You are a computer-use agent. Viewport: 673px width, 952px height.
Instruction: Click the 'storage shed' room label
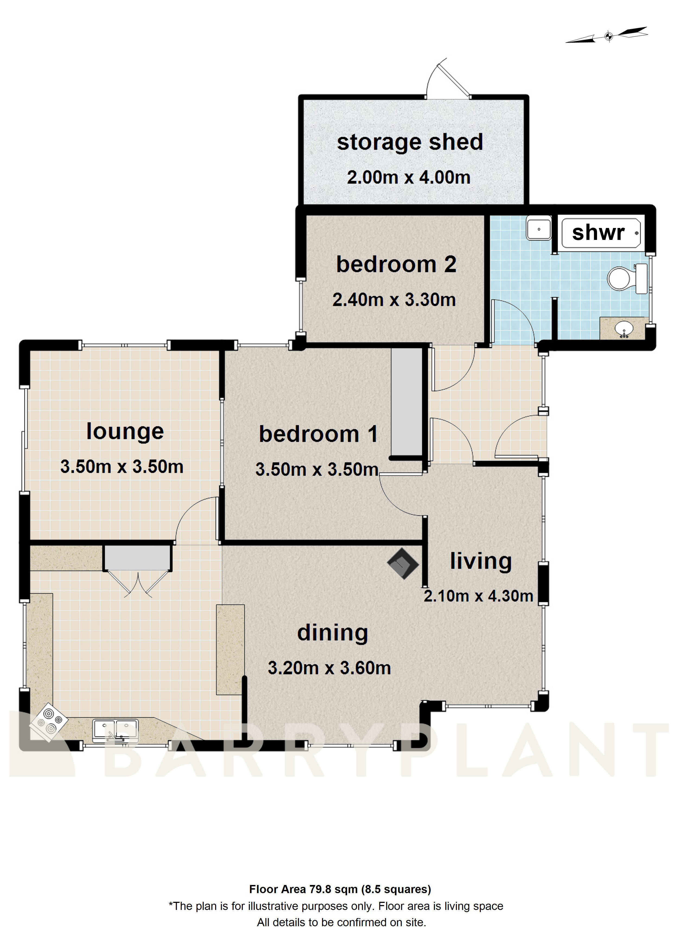coord(410,142)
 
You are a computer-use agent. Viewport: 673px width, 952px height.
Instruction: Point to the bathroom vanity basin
coord(623,329)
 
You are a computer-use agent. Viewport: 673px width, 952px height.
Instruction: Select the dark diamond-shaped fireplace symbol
coord(403,563)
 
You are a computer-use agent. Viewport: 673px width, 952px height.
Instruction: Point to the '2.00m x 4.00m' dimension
coord(408,177)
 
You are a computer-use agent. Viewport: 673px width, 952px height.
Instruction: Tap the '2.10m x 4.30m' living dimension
coord(478,596)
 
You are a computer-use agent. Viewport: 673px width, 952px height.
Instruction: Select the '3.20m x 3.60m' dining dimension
coord(329,668)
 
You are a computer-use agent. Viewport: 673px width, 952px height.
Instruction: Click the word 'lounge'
coord(125,432)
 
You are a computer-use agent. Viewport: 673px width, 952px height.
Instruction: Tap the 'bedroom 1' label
coord(318,434)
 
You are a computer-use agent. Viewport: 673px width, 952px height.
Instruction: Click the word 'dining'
coord(332,633)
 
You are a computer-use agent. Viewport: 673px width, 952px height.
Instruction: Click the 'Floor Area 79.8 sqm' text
coord(340,889)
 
